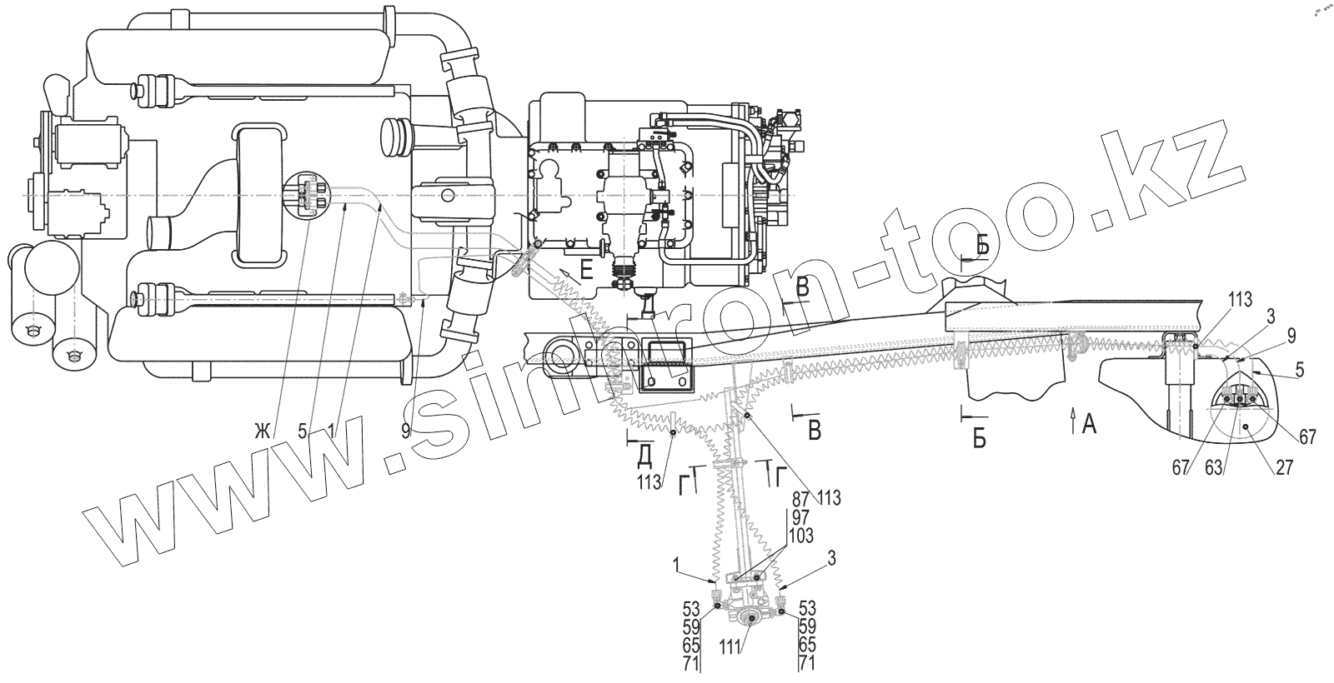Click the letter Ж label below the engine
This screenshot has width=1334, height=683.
[263, 431]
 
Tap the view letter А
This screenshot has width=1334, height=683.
[1087, 425]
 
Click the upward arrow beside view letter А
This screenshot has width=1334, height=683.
[1072, 419]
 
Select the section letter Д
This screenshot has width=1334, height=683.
[644, 454]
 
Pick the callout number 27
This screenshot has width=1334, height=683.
[1283, 467]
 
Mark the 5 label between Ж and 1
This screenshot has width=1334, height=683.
[303, 431]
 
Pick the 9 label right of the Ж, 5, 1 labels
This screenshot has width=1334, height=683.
[406, 431]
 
